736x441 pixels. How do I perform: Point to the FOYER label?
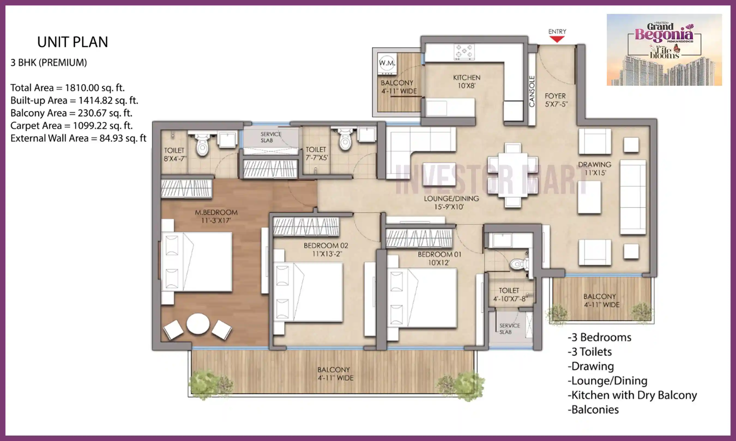(555, 96)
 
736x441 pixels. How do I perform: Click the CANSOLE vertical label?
(532, 91)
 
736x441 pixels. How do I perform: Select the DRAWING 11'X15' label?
(595, 169)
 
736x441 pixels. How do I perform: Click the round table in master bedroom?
(198, 324)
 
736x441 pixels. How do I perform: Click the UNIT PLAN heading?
(73, 42)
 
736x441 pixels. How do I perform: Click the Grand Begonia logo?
(664, 50)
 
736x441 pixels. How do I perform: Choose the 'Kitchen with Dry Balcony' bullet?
(632, 395)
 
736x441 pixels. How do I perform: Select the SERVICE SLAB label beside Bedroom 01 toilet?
(509, 329)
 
